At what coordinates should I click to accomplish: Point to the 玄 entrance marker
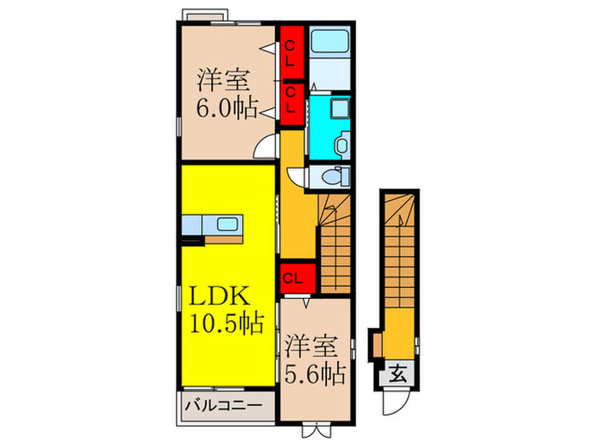[x=398, y=372]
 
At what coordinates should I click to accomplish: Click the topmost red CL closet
[x=290, y=53]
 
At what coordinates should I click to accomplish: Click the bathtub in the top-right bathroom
[x=330, y=43]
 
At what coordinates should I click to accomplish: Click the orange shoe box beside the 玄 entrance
[x=375, y=344]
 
